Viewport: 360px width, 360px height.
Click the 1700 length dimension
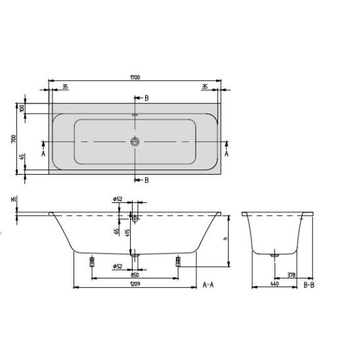pyautogui.click(x=135, y=78)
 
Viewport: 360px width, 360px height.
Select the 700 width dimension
pyautogui.click(x=14, y=139)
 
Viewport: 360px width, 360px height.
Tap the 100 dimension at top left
pyautogui.click(x=22, y=108)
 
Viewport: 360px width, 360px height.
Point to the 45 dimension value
pyautogui.click(x=22, y=157)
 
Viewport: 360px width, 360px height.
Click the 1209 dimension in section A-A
pyautogui.click(x=135, y=284)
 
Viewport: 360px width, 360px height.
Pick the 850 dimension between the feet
pyautogui.click(x=135, y=275)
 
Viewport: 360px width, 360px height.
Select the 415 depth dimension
pyautogui.click(x=128, y=233)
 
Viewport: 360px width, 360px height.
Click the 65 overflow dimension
pyautogui.click(x=117, y=231)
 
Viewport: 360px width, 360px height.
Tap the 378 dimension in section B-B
pyautogui.click(x=291, y=275)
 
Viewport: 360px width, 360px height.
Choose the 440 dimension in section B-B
pyautogui.click(x=275, y=284)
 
